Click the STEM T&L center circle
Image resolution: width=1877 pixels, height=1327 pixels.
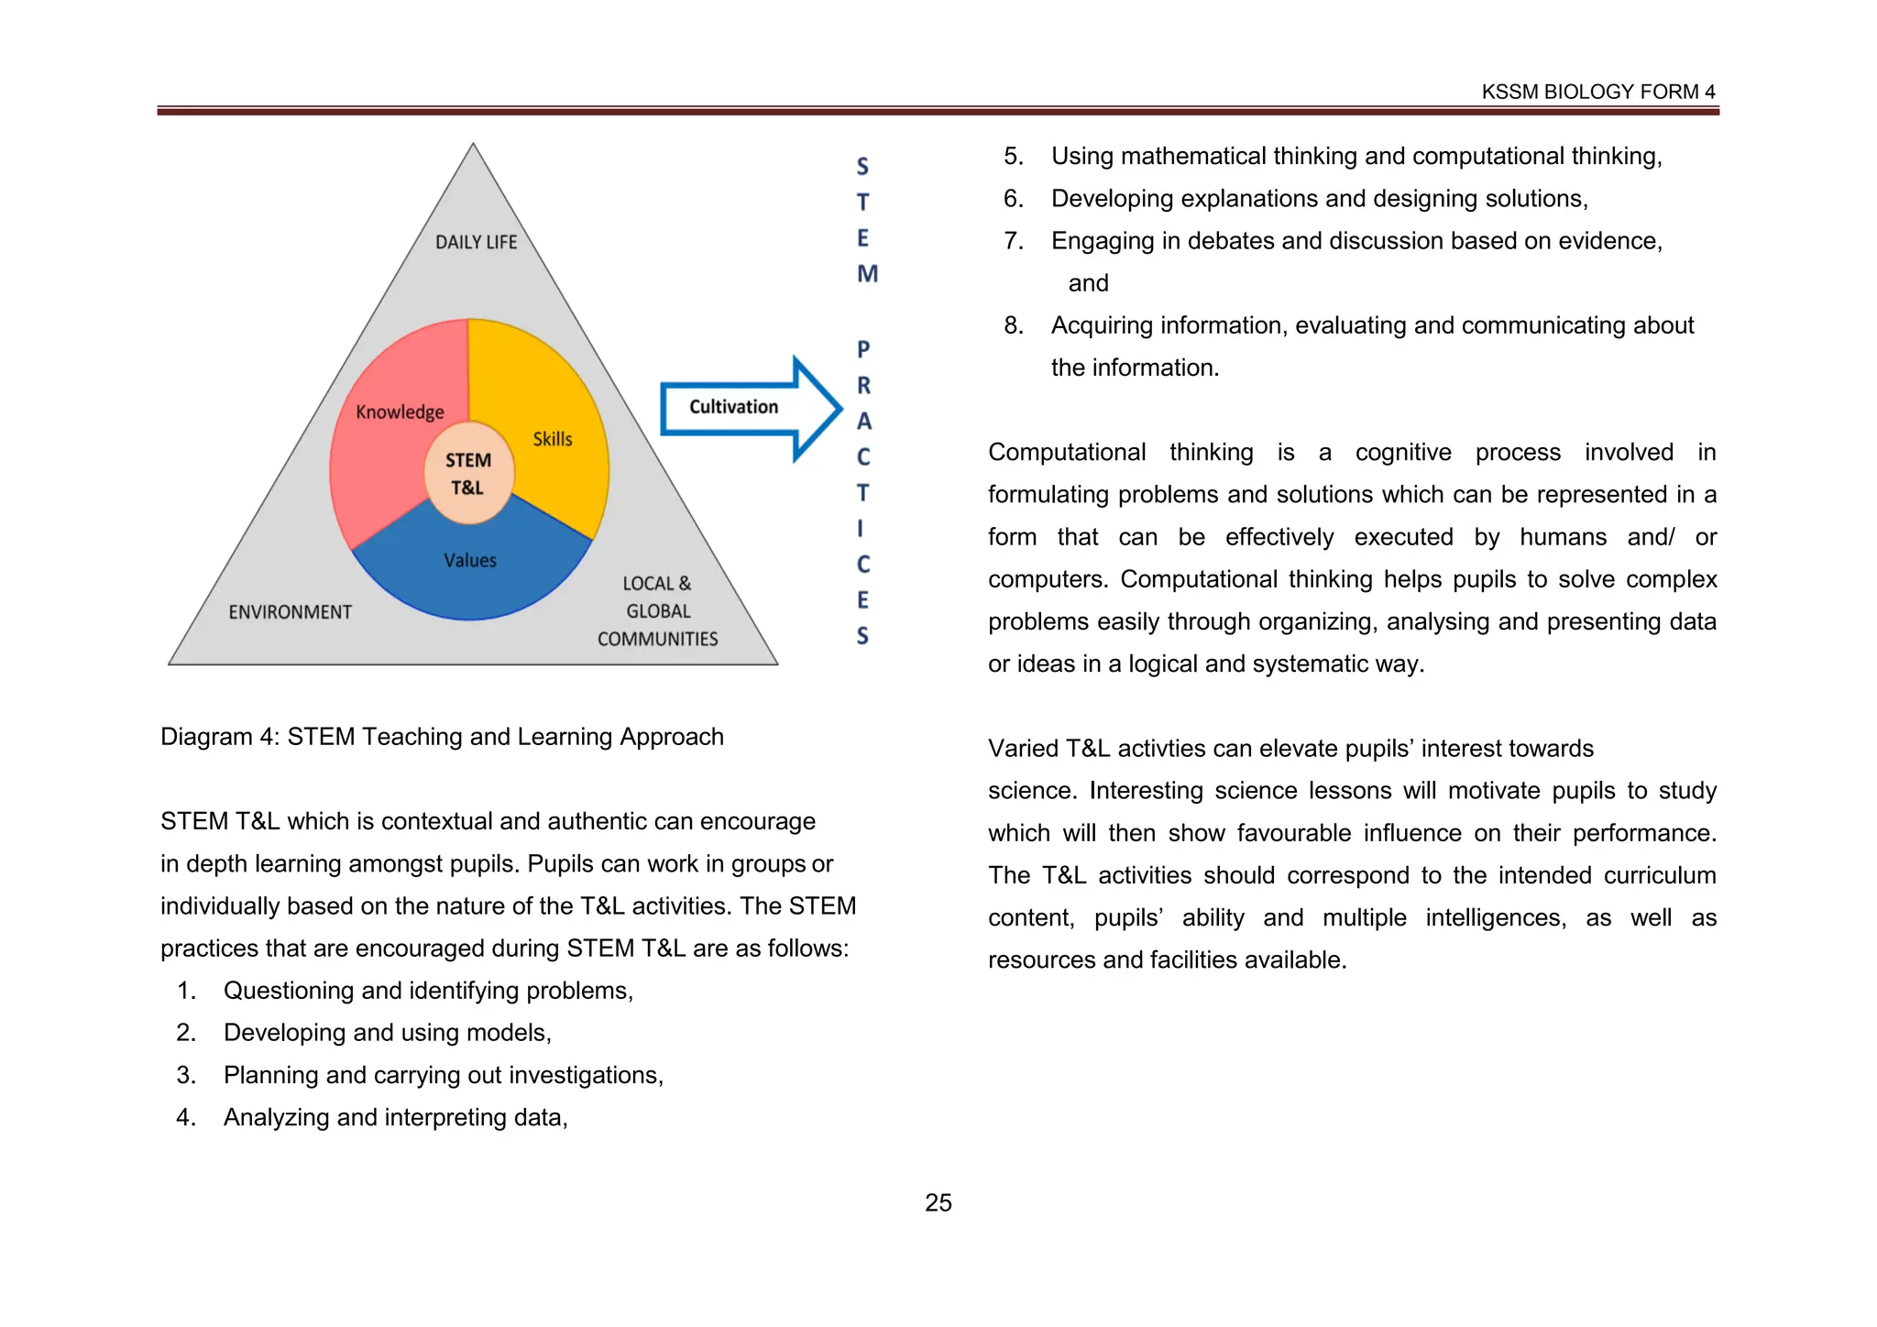(x=468, y=473)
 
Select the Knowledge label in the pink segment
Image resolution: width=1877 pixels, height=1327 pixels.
(x=400, y=412)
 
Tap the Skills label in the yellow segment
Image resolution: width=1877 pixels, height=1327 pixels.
(x=553, y=439)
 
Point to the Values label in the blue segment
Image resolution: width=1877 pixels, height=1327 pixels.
(x=470, y=560)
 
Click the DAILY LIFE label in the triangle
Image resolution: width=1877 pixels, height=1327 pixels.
(x=476, y=242)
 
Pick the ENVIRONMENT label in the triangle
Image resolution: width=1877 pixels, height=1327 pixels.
(x=290, y=612)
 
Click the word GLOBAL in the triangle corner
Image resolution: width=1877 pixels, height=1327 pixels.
(x=658, y=611)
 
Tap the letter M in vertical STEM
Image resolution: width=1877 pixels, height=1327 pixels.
(x=867, y=274)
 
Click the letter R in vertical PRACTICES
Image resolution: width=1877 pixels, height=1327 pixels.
(x=863, y=386)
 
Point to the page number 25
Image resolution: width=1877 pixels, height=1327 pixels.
(x=938, y=1202)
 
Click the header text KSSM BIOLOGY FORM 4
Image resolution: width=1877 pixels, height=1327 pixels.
(x=1597, y=92)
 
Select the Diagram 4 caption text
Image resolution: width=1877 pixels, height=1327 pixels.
(x=442, y=737)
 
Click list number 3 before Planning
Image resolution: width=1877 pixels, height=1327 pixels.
(x=186, y=1075)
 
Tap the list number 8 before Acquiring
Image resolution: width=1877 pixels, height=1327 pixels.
(x=1013, y=325)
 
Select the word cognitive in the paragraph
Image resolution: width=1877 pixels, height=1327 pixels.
(x=1403, y=453)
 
